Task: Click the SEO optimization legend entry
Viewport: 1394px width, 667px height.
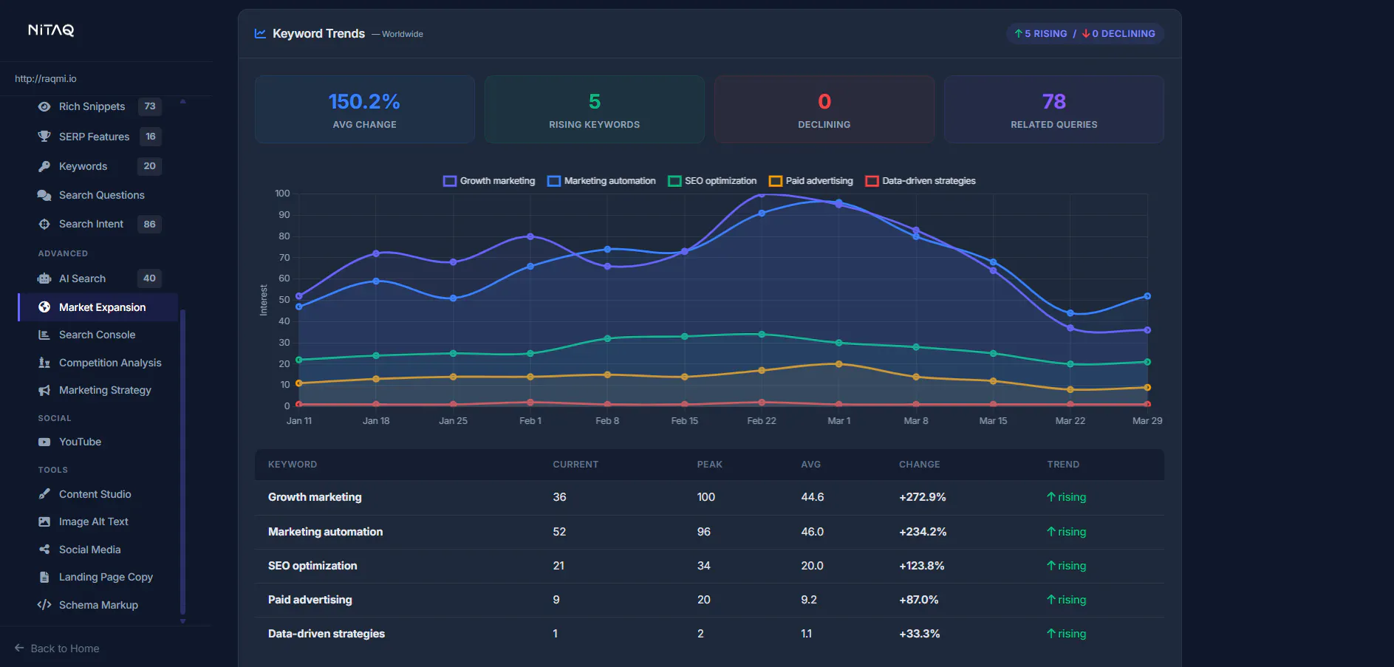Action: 712,181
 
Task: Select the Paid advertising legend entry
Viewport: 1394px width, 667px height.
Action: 810,181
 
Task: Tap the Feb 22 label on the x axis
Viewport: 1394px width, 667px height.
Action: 762,421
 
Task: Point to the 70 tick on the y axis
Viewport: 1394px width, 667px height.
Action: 284,258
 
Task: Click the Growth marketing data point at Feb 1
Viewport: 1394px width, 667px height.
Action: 530,236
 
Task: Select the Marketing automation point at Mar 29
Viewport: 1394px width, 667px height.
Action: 1147,296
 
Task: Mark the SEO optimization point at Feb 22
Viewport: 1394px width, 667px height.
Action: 762,335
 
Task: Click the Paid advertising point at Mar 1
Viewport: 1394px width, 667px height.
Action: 838,364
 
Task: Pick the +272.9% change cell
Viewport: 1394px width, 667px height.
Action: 922,497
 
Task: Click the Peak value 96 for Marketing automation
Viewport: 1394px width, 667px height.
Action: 703,532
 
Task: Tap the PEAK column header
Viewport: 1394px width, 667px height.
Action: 709,465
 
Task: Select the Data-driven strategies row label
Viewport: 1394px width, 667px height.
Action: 327,634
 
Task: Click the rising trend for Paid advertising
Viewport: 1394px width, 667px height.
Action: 1066,600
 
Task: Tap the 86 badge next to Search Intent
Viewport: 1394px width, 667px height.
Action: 150,224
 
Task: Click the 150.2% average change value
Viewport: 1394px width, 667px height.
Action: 364,101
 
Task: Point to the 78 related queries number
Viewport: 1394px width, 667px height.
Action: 1053,101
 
